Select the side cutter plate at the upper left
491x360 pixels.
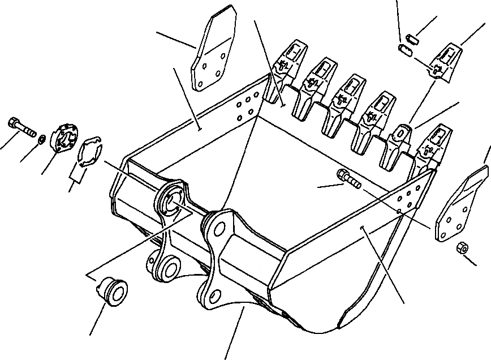(x=212, y=52)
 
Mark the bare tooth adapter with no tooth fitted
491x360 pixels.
(x=399, y=142)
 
